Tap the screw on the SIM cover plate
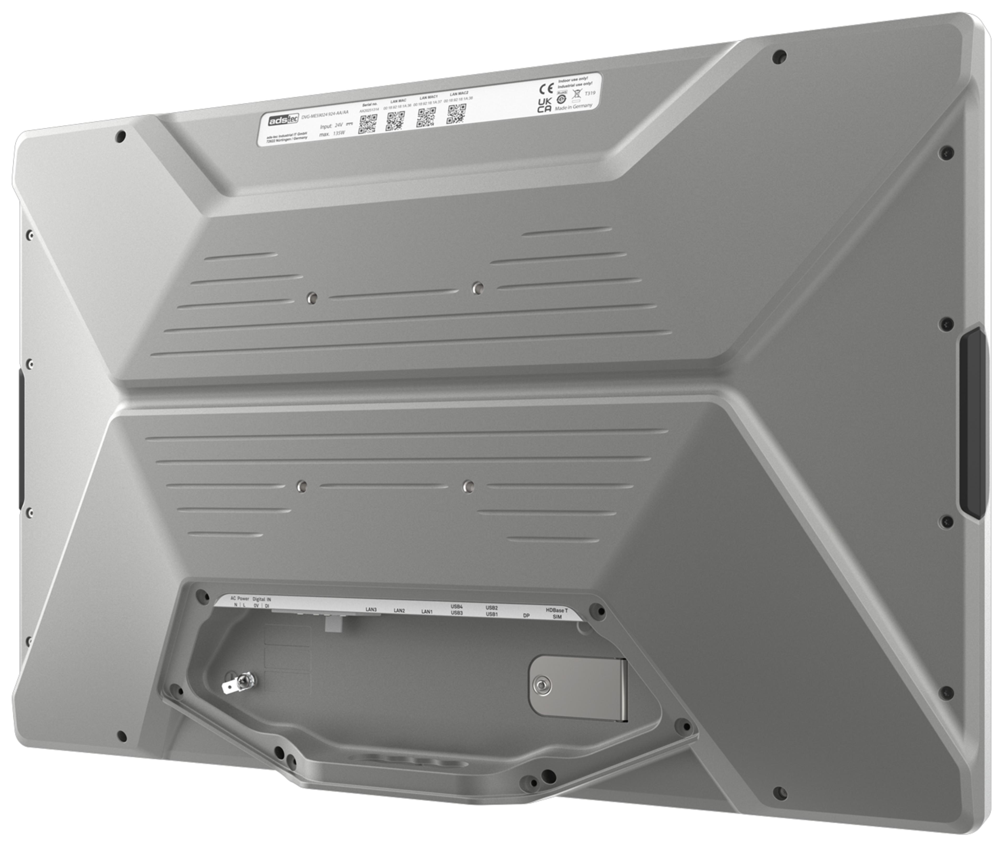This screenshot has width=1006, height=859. [541, 685]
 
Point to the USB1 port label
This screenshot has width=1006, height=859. [491, 614]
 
